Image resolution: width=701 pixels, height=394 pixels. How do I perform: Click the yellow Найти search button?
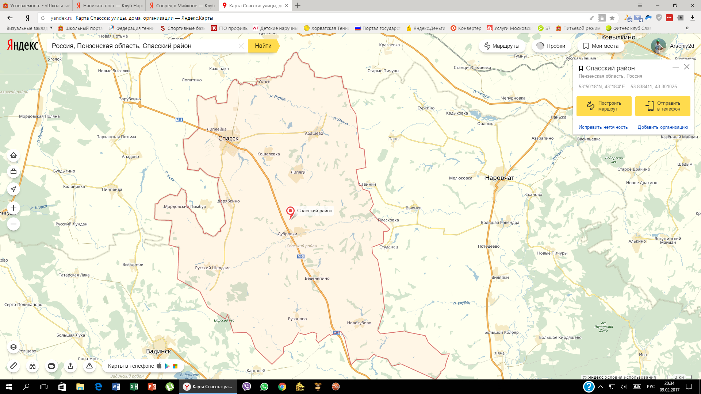click(x=263, y=46)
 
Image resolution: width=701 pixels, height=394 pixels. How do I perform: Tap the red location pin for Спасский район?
click(x=290, y=211)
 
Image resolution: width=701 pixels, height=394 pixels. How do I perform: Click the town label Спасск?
click(x=228, y=138)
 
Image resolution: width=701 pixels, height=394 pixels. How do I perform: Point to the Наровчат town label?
click(x=499, y=178)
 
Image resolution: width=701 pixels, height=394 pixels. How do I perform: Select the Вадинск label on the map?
click(x=158, y=351)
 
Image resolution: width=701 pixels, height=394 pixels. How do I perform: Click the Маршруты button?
click(x=502, y=46)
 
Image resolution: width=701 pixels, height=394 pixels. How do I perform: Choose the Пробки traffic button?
click(x=551, y=46)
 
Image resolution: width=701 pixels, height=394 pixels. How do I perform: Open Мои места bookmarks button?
click(x=601, y=46)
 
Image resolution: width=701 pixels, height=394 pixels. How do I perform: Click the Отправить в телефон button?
click(x=663, y=106)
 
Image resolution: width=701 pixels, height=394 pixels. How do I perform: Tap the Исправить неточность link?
click(x=603, y=127)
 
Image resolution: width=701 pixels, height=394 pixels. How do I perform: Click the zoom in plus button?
click(x=14, y=208)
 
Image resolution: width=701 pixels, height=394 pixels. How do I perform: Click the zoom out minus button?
click(x=14, y=224)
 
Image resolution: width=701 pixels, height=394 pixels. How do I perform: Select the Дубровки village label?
click(x=287, y=234)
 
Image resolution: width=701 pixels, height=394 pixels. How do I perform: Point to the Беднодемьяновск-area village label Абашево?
click(x=314, y=134)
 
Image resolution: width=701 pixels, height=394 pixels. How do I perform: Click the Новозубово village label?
click(x=359, y=323)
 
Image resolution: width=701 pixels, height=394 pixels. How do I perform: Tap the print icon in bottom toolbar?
click(x=51, y=366)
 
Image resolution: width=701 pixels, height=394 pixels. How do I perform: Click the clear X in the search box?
click(x=241, y=46)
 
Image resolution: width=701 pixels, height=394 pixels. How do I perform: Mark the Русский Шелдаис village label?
click(x=212, y=268)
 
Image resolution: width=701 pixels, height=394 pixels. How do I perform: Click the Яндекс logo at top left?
click(x=23, y=45)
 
